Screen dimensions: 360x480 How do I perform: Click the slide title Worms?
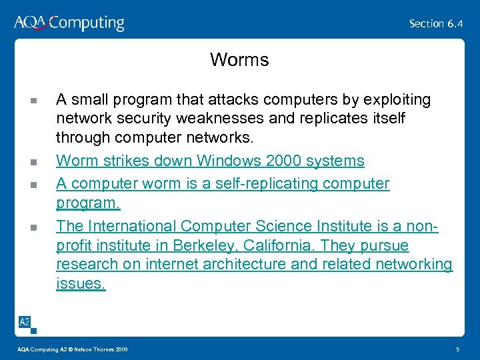(x=239, y=60)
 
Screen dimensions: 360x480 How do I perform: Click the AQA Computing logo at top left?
(x=69, y=23)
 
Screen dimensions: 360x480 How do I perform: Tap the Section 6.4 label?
(x=437, y=23)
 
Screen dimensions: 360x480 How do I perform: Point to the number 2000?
(x=289, y=161)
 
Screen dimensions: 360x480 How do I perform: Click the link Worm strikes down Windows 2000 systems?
(x=210, y=161)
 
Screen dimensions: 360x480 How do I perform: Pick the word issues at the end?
(x=81, y=283)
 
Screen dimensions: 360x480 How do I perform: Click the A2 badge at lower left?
(x=25, y=323)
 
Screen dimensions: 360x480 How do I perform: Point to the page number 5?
(x=457, y=349)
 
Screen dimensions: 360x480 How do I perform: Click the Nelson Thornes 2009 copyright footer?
(x=73, y=349)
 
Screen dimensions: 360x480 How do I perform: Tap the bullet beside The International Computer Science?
(x=33, y=227)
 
